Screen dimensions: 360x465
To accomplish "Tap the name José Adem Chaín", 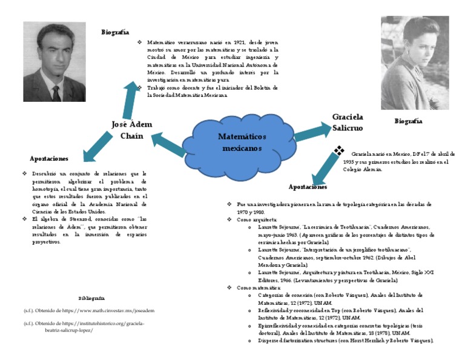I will coord(132,130).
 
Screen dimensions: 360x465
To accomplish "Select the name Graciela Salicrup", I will coord(348,122).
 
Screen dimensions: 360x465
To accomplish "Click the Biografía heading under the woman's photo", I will coord(408,121).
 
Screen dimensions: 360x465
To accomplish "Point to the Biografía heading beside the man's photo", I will coord(114,32).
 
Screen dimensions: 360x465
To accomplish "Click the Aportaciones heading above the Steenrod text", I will coord(49,158).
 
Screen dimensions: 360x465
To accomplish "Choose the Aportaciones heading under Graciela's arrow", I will coord(309,187).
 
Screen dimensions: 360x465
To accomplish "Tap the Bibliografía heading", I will coord(91,298).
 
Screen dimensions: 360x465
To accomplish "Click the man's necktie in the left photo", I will coord(56,93).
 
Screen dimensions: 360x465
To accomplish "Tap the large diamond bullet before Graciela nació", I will coord(340,150).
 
